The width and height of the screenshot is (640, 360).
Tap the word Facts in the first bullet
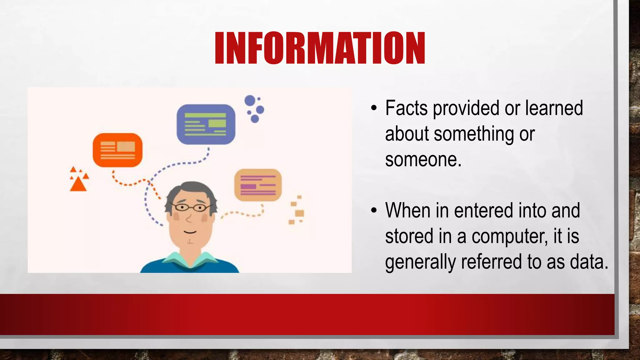(406, 108)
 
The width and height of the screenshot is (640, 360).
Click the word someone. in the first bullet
(423, 159)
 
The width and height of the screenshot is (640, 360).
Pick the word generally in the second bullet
(420, 262)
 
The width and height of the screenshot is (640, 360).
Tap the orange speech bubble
(117, 150)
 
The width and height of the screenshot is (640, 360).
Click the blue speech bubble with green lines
(206, 124)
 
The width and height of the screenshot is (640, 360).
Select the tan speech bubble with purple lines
(258, 185)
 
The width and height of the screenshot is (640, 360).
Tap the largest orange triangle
(78, 185)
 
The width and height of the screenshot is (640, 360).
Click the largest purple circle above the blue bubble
(250, 101)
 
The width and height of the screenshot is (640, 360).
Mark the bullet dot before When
(374, 211)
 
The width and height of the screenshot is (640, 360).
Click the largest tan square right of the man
(299, 213)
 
